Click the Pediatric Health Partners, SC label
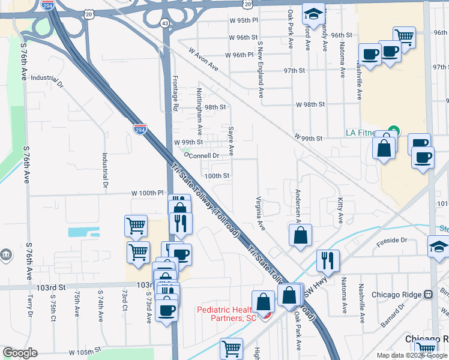(227, 313)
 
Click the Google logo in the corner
(19, 353)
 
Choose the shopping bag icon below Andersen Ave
(300, 235)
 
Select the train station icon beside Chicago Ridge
(428, 295)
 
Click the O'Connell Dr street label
(200, 155)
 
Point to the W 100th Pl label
(148, 193)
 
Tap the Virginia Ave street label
(261, 214)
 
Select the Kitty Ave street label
(340, 208)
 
